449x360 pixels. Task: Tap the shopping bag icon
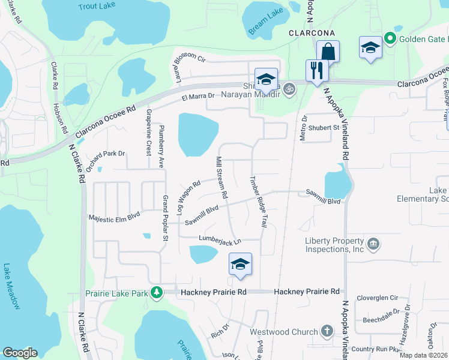point(328,51)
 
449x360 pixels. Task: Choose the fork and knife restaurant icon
point(314,70)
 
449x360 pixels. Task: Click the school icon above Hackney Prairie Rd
point(240,265)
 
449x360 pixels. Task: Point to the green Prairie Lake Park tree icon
point(157,292)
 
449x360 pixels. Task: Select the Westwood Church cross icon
point(327,331)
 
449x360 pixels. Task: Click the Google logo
point(20,353)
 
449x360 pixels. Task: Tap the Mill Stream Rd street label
point(221,177)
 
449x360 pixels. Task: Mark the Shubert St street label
point(324,128)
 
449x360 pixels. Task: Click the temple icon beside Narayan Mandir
point(289,89)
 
